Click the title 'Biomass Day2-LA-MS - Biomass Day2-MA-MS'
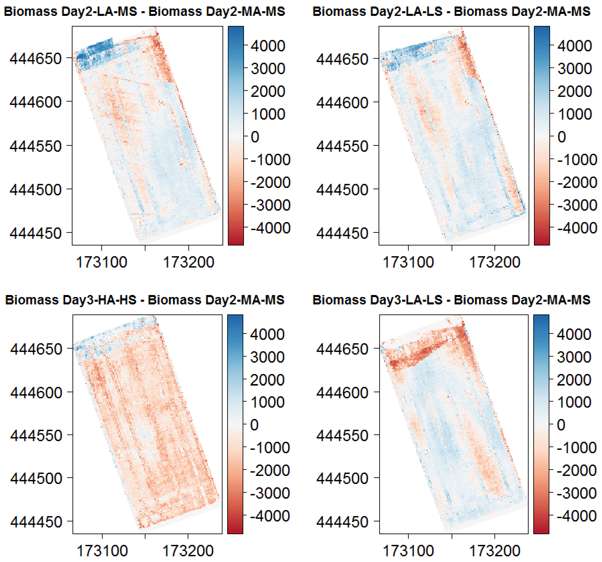click(145, 11)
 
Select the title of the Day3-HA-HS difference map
click(145, 300)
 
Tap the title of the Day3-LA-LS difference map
click(451, 300)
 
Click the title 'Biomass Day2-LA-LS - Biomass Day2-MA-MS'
click(451, 11)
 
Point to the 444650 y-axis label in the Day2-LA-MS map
click(36, 58)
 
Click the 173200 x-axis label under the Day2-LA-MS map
click(188, 262)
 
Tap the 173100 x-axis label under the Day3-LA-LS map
click(408, 551)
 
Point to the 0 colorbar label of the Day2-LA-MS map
click(255, 137)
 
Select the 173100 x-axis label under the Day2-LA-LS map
click(408, 262)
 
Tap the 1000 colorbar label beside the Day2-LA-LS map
click(574, 114)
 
